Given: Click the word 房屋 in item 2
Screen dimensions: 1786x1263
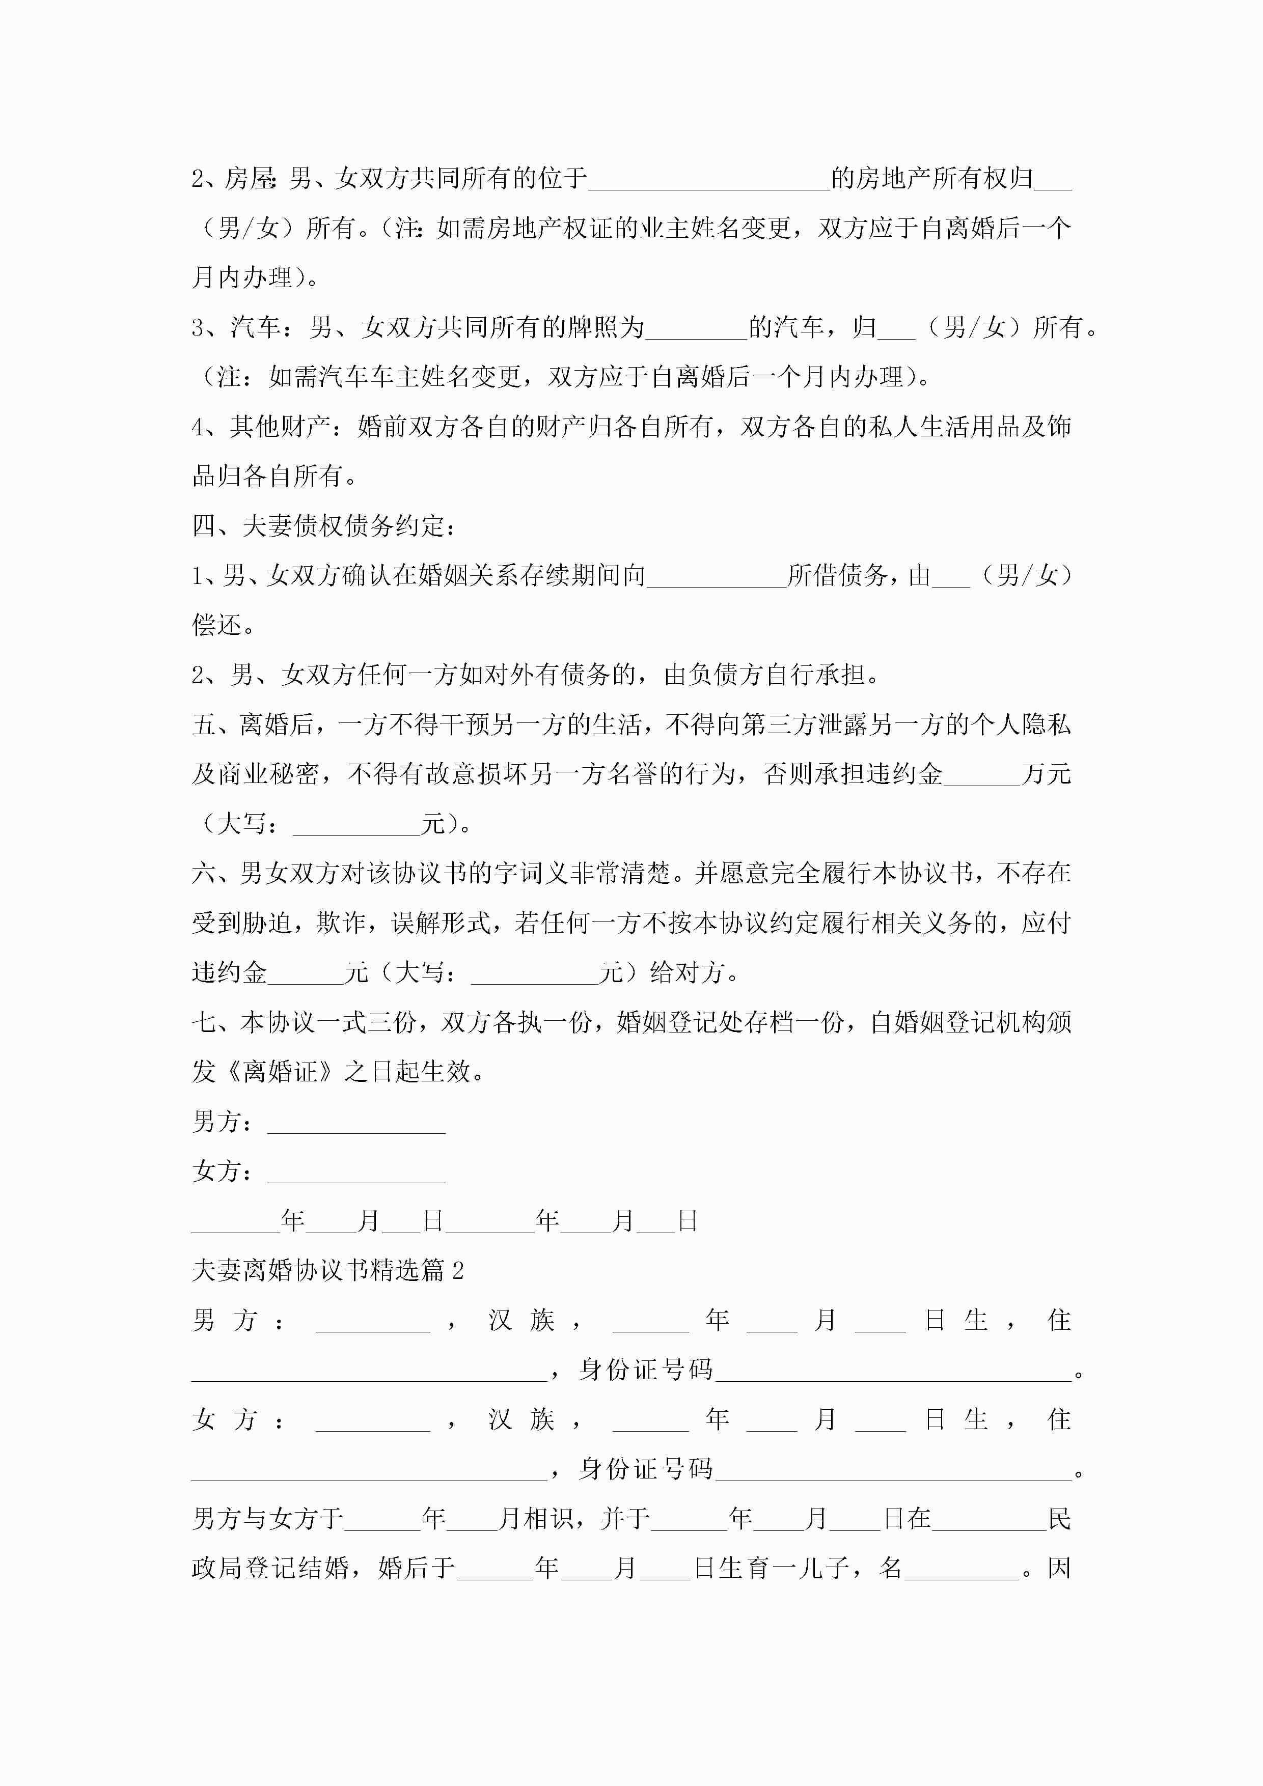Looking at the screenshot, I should (x=249, y=179).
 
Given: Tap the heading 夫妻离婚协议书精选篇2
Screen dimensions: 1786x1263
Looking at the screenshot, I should (x=327, y=1270).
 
